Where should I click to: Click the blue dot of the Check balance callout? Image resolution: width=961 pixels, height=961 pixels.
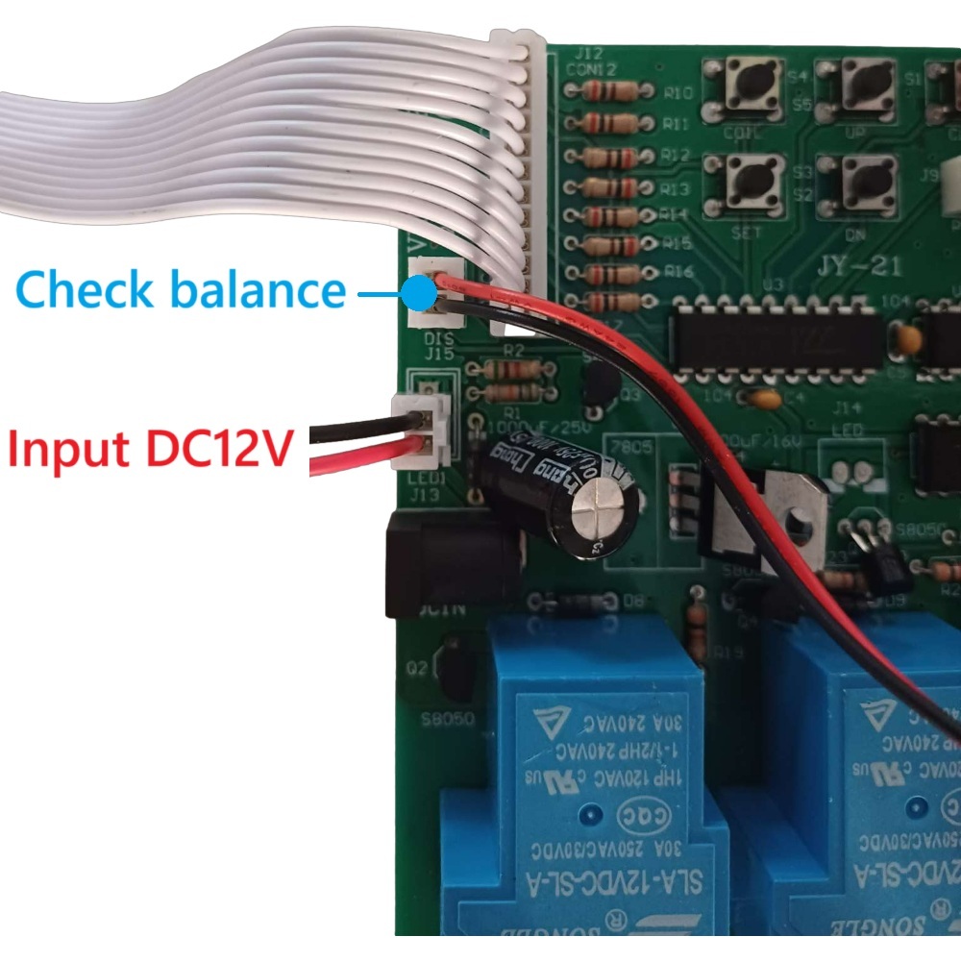[417, 289]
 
